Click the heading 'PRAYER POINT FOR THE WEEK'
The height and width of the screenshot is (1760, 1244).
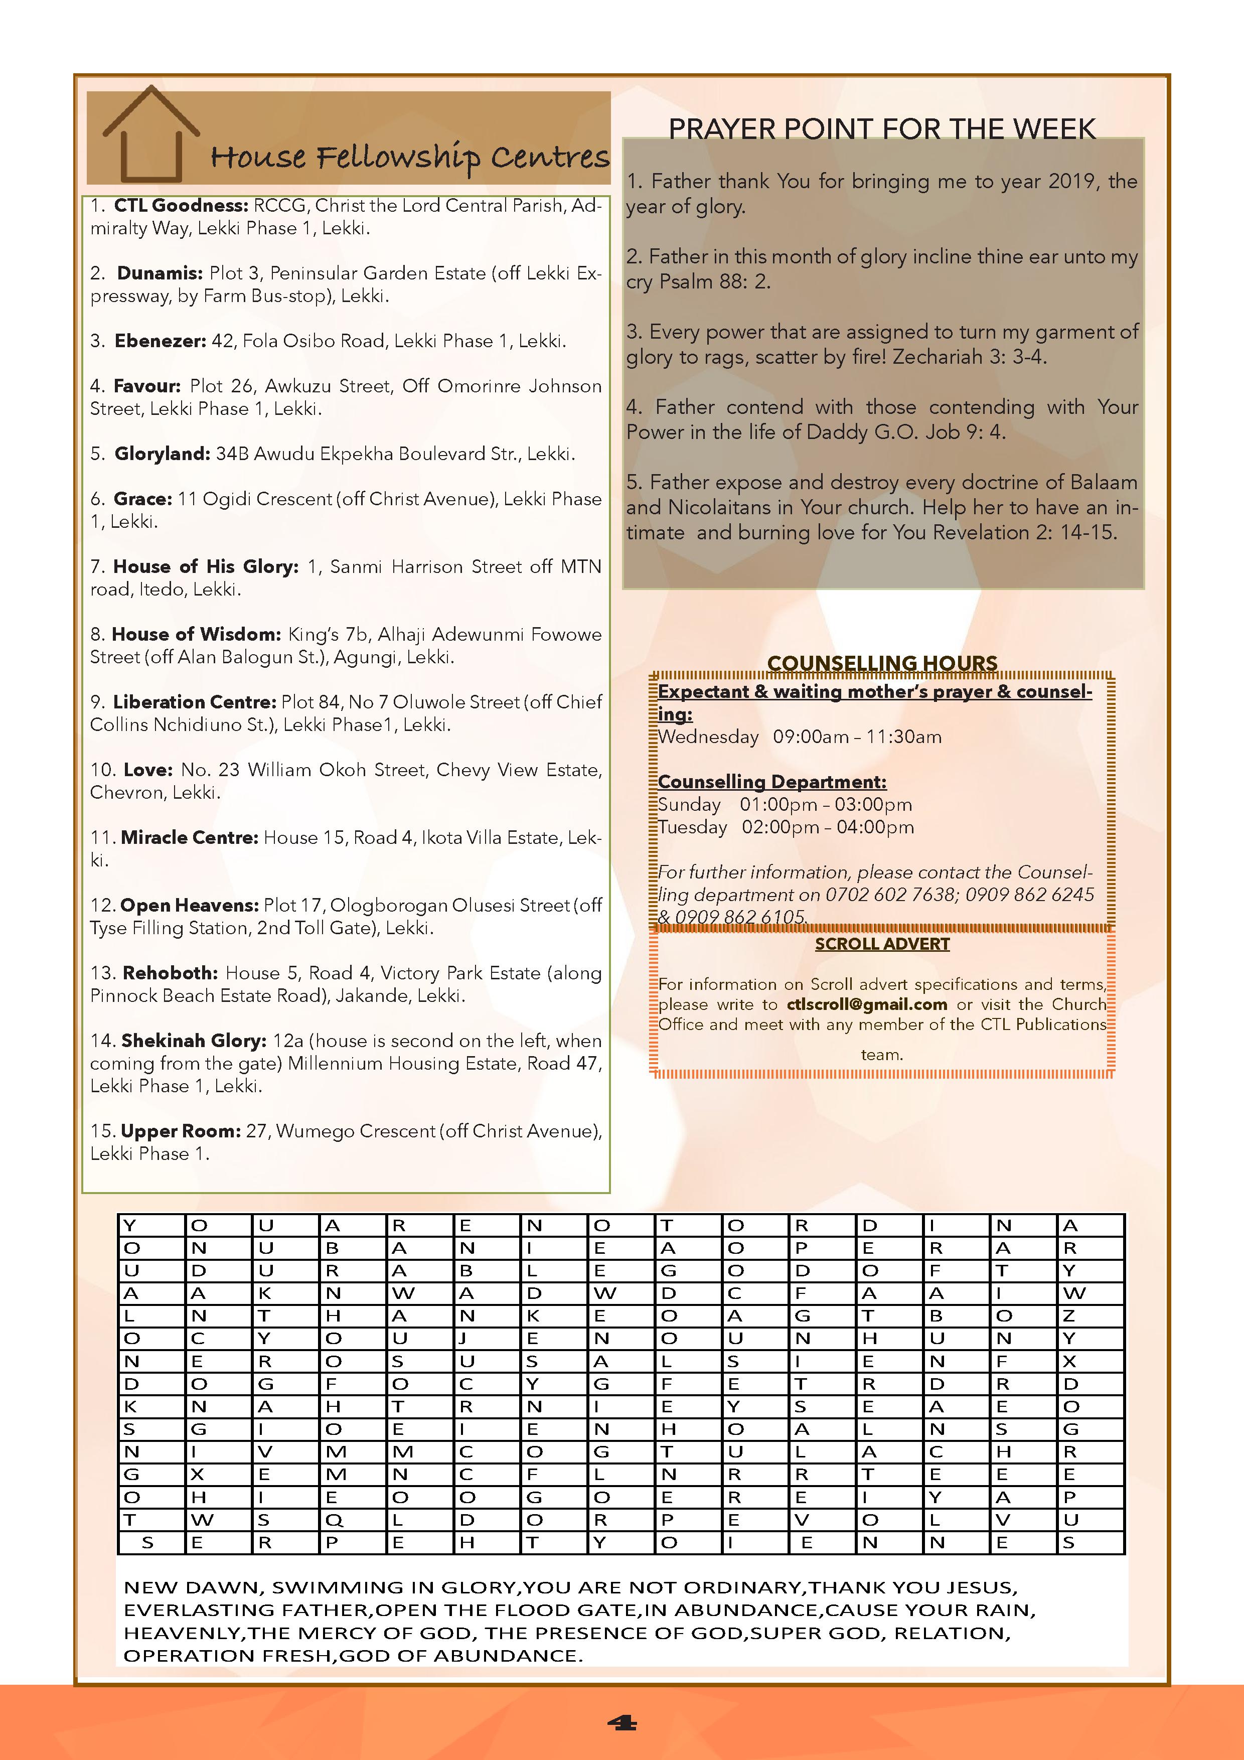(881, 129)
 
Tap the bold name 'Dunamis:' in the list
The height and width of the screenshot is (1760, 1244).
(160, 273)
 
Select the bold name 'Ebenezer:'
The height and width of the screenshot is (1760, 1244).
(160, 341)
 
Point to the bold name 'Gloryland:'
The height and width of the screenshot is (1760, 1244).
(162, 454)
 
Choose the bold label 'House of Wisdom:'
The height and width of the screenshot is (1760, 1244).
(196, 635)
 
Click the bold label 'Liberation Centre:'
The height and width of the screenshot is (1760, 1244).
(194, 702)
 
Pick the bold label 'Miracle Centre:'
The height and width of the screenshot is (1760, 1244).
(189, 838)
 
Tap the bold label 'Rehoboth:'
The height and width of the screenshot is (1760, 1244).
(170, 973)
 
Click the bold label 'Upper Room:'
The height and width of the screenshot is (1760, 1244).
(181, 1131)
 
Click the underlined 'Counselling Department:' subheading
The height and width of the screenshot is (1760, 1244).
(772, 782)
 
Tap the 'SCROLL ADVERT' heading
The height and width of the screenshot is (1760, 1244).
(882, 944)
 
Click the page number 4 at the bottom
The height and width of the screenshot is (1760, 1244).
(621, 1724)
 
